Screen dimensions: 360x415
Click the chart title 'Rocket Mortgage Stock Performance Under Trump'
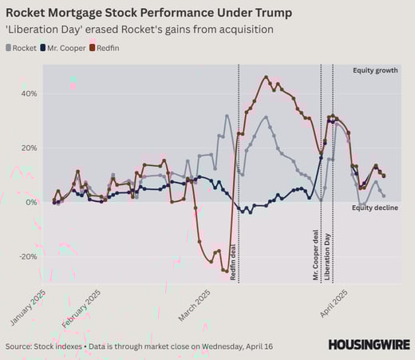pyautogui.click(x=148, y=14)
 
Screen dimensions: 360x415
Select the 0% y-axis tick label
pyautogui.click(x=30, y=202)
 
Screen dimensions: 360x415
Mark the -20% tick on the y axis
pyautogui.click(x=26, y=256)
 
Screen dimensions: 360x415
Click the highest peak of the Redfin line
pyautogui.click(x=266, y=77)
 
